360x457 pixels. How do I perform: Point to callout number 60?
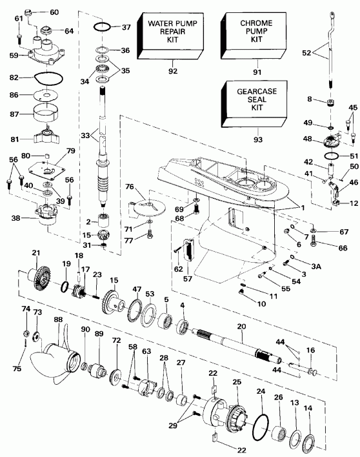coord(54,12)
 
